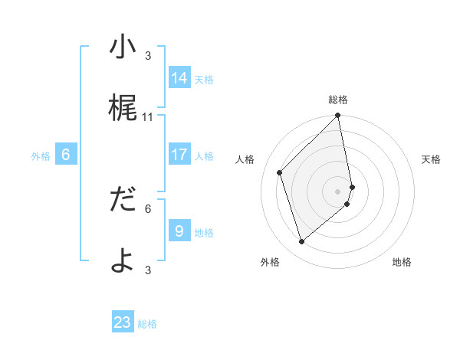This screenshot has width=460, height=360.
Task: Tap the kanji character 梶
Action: (123, 108)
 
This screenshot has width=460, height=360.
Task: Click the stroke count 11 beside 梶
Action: (148, 117)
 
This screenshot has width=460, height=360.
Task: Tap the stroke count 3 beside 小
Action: (148, 56)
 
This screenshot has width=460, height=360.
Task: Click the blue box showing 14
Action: (179, 77)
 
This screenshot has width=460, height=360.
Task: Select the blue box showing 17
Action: (179, 155)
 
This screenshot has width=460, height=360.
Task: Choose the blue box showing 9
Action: (179, 231)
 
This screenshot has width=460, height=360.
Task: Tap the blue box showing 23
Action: (123, 322)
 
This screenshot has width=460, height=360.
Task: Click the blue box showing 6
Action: (66, 155)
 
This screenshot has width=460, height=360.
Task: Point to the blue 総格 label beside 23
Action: (148, 324)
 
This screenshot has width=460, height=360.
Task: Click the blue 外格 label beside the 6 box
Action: (41, 156)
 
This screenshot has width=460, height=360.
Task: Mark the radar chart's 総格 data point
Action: (338, 116)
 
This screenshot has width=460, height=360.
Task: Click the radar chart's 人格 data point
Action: (280, 172)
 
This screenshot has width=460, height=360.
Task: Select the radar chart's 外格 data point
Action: (301, 242)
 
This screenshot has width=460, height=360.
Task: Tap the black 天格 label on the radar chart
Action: (431, 159)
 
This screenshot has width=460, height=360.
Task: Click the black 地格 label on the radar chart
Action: (402, 262)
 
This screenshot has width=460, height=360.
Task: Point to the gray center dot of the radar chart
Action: (338, 191)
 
